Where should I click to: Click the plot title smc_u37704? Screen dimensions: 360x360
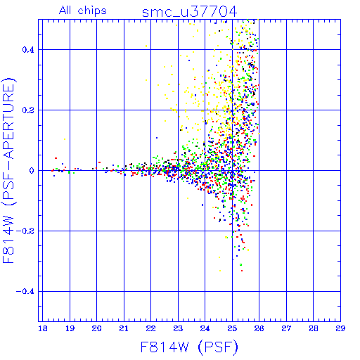pos(190,12)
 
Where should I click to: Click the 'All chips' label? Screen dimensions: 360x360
pos(83,11)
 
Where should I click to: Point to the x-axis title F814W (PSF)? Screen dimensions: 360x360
pos(189,347)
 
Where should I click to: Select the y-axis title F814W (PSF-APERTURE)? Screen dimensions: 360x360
pos(8,171)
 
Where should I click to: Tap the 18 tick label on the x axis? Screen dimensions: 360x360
pos(43,328)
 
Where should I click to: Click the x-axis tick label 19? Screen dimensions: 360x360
pos(70,328)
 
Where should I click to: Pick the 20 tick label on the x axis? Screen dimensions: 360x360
pos(97,328)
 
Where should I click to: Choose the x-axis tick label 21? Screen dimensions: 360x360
pos(124,328)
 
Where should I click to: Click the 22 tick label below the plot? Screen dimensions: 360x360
pos(151,328)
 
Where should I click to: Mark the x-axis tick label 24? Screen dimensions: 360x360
pos(205,328)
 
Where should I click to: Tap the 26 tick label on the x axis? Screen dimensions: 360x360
pos(259,328)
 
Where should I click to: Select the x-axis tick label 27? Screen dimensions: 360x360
pos(286,328)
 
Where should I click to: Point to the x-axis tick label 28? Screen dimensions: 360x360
pos(314,328)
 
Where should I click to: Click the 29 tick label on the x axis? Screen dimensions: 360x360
pos(340,328)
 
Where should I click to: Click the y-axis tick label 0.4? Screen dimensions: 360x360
pos(28,50)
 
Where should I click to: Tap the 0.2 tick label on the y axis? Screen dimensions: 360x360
pos(28,110)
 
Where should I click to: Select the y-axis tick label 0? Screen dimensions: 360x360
pos(32,171)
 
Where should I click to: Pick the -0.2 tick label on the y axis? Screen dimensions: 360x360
pos(25,231)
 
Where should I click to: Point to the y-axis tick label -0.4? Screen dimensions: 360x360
pos(25,292)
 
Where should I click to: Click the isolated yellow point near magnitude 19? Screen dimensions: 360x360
pos(65,139)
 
